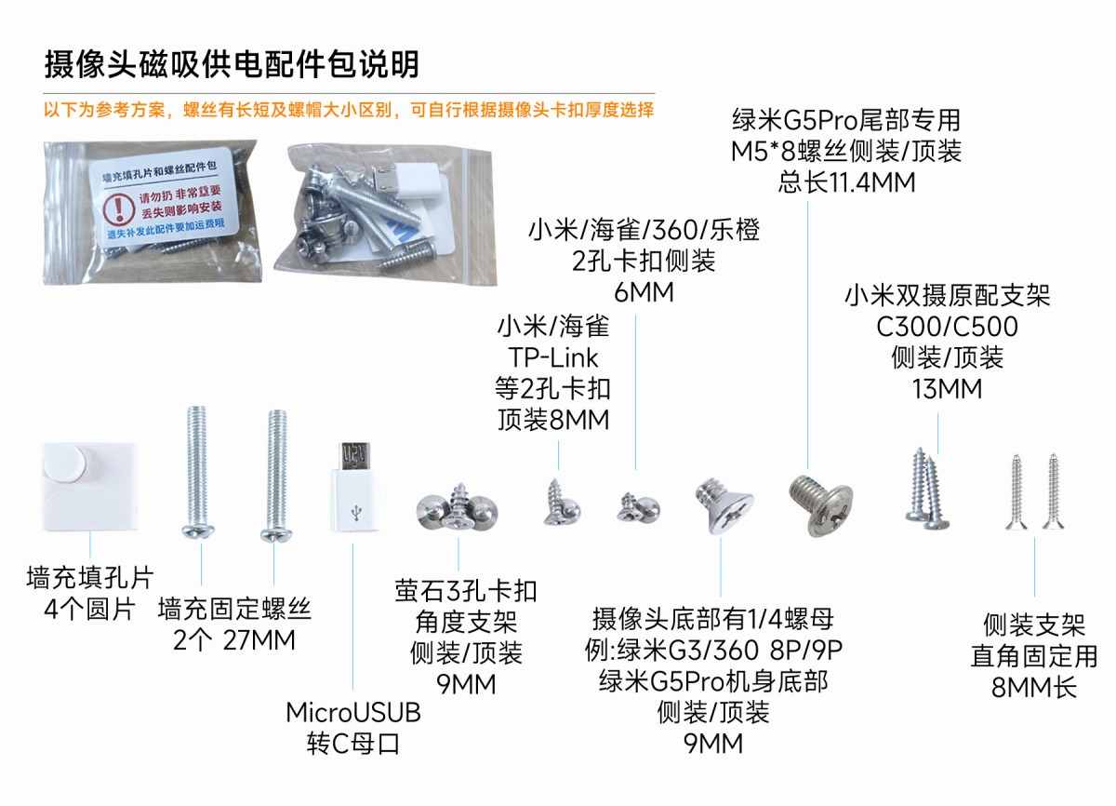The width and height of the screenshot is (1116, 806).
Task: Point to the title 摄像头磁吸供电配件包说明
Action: pos(232,63)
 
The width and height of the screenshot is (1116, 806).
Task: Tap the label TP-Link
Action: pos(553,357)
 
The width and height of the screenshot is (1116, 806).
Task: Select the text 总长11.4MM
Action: pos(845,181)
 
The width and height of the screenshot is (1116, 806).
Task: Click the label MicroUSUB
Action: pos(352,714)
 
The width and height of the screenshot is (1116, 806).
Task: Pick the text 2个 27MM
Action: pos(234,640)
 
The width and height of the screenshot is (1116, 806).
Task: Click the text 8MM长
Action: pos(1034,688)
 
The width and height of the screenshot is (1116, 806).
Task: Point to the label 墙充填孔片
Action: pos(89,579)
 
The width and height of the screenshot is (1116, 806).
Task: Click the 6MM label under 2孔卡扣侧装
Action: pos(644,292)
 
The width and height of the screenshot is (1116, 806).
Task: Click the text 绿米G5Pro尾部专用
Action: pos(845,120)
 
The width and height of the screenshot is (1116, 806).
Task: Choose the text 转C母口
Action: pos(352,745)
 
